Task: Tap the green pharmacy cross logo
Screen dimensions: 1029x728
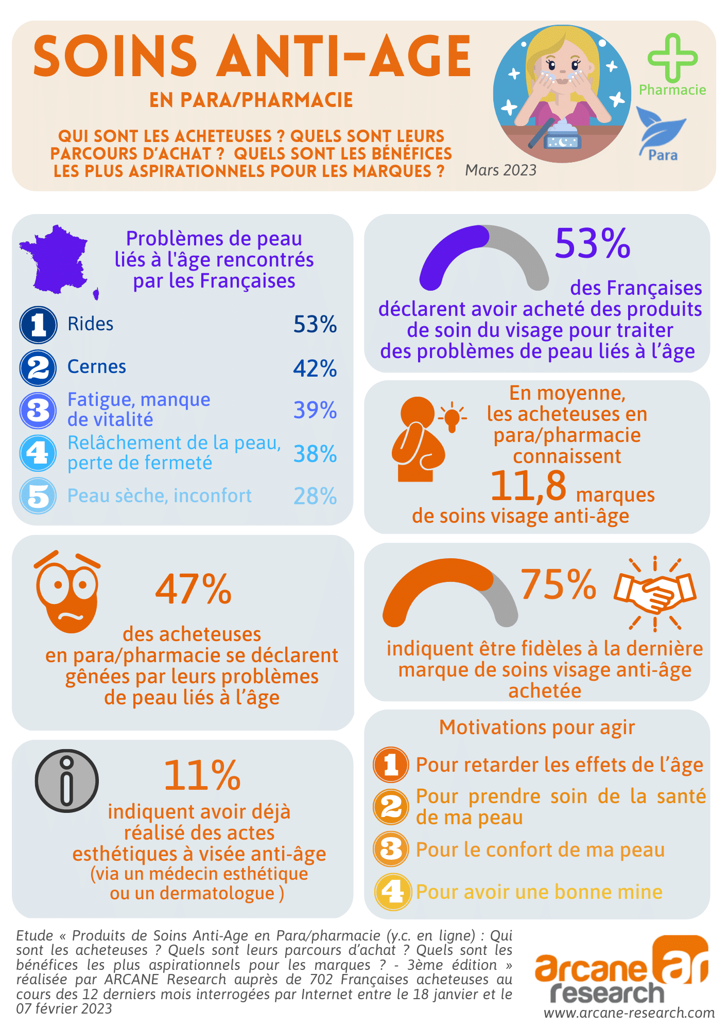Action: point(672,58)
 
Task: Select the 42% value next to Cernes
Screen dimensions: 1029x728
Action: point(315,368)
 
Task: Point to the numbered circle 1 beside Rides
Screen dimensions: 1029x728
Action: point(38,325)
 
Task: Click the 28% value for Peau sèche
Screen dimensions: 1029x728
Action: point(315,496)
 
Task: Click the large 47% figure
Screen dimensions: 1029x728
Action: point(194,589)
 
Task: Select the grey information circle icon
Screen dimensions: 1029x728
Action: point(67,780)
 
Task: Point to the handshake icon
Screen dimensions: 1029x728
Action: point(654,593)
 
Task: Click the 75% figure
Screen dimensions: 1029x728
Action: point(558,584)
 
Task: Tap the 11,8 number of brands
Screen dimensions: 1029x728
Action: point(528,486)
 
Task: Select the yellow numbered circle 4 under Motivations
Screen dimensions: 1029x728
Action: point(393,892)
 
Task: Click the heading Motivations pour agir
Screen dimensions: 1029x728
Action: point(536,728)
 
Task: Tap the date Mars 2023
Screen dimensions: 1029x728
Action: point(500,170)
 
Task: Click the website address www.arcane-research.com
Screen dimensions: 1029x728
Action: point(629,1013)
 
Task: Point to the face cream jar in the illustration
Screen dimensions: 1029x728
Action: point(563,137)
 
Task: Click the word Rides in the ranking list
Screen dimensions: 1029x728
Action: point(91,324)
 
